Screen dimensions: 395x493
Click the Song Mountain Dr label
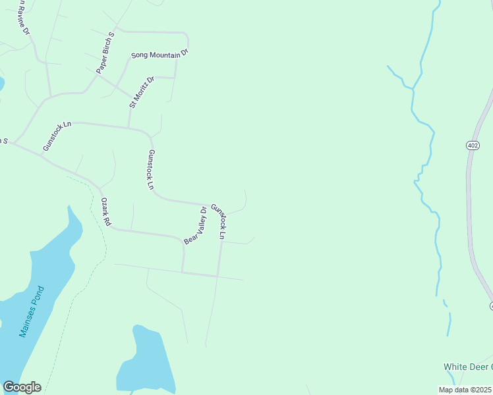pos(159,55)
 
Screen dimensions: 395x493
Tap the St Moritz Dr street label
pos(142,92)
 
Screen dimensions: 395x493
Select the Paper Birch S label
pos(105,53)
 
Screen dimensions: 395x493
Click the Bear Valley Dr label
pos(196,226)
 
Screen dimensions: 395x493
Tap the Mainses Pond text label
pos(31,311)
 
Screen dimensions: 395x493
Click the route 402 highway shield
pos(473,146)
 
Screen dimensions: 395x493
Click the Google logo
pos(22,387)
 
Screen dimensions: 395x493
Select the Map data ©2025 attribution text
pos(465,390)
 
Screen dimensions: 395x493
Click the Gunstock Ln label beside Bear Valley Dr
pos(219,222)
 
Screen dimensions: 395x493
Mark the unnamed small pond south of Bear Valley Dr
pos(145,362)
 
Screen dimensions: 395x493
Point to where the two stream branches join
pos(413,88)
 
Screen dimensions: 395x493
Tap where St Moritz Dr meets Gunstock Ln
pos(129,127)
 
